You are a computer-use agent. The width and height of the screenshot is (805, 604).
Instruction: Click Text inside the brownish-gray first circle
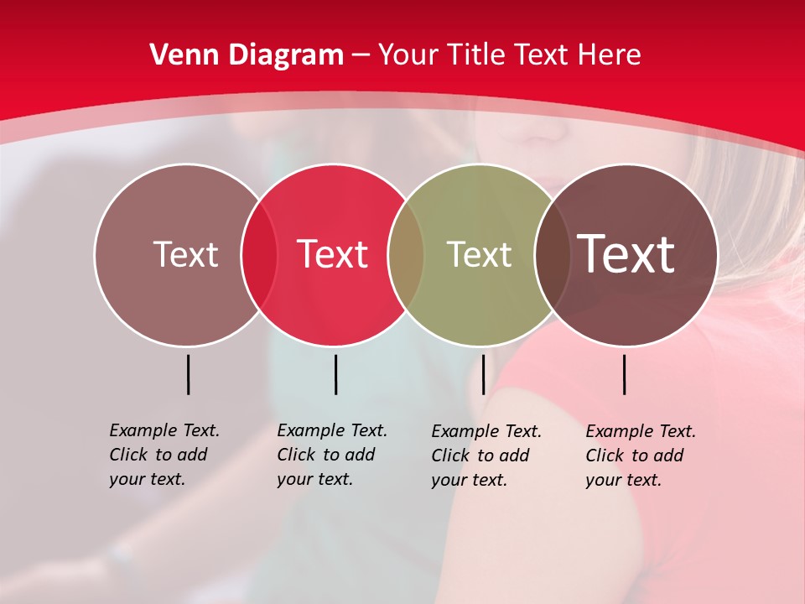pos(185,254)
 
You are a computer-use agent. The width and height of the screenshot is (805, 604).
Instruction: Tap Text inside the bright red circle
pos(332,254)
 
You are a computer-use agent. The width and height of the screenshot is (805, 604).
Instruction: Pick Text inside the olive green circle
pos(479,254)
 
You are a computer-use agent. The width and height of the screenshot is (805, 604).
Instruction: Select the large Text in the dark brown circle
pos(626,254)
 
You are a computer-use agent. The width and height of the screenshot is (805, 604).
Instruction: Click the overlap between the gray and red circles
pos(259,254)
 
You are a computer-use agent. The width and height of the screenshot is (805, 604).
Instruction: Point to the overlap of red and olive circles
pos(406,254)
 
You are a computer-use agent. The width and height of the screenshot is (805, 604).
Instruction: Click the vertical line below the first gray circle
pos(188,374)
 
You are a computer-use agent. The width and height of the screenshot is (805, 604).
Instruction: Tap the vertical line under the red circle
pos(335,374)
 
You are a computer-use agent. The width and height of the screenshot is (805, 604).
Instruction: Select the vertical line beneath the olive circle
pos(483,374)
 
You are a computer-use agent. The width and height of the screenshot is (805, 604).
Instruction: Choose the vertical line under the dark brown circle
pos(625,374)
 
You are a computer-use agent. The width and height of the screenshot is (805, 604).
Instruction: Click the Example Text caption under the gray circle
pos(164,455)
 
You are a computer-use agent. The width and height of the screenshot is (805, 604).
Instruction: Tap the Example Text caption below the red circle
pos(332,455)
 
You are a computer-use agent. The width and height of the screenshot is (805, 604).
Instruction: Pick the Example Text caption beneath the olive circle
pos(486,456)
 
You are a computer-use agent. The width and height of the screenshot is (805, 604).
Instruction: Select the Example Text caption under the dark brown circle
pos(641,456)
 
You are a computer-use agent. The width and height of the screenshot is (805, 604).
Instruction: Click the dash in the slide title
pos(361,55)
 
